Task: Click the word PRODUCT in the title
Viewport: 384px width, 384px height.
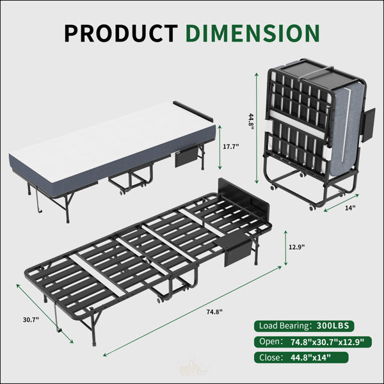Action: [x=121, y=33]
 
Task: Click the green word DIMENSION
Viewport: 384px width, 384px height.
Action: [x=253, y=33]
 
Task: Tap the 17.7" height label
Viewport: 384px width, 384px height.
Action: [x=230, y=147]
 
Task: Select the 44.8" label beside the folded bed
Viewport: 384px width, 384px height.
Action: [x=251, y=123]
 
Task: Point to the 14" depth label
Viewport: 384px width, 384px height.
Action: [x=350, y=208]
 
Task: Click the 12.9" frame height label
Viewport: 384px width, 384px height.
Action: [x=296, y=247]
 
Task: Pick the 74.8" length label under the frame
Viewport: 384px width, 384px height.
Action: [x=214, y=312]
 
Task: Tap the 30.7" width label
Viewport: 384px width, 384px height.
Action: [x=31, y=319]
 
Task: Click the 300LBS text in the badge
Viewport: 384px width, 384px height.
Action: [x=333, y=326]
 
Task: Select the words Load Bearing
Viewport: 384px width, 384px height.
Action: [x=284, y=326]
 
